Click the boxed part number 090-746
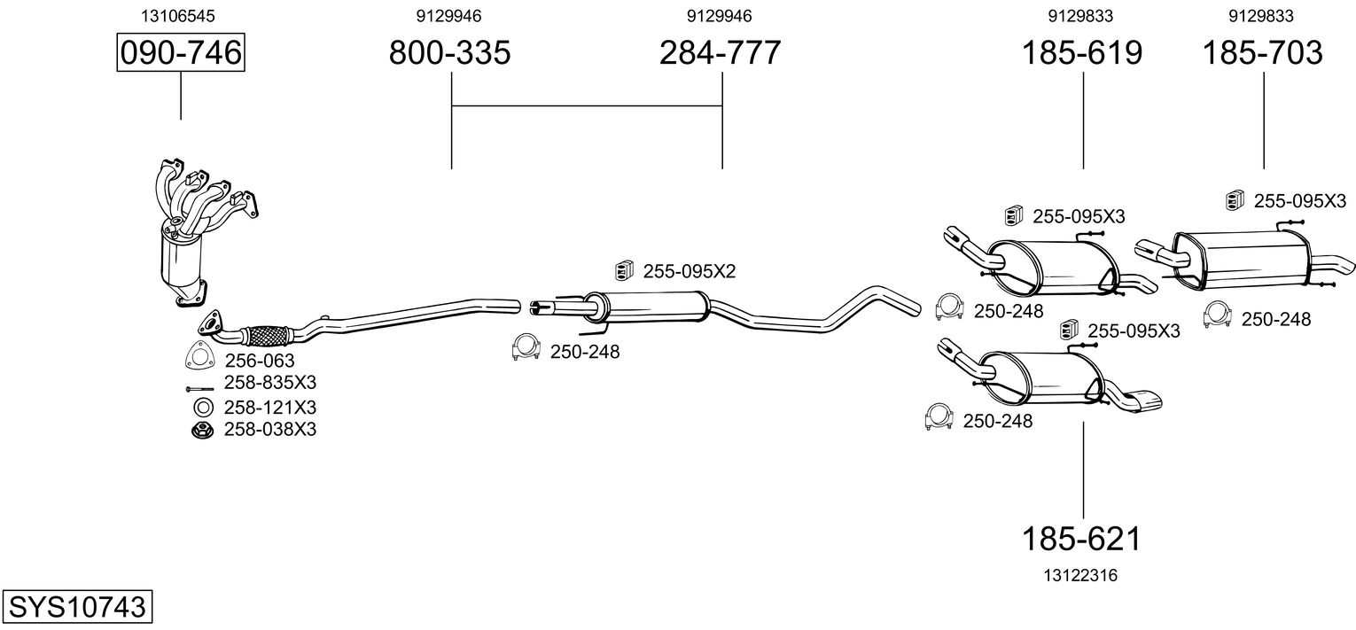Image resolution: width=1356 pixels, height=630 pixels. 181,53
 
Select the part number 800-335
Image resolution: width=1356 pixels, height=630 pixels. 450,53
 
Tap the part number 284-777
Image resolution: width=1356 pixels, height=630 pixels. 720,53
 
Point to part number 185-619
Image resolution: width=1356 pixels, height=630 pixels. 1082,53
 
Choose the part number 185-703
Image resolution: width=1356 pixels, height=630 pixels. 1262,53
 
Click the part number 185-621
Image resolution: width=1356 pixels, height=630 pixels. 1082,538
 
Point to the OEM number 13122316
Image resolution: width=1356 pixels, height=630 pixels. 1081,575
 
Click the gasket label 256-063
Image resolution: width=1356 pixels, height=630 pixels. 259,361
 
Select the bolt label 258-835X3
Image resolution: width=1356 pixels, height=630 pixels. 269,383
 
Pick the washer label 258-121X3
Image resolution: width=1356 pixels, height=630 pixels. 269,408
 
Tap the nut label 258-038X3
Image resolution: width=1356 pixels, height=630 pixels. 269,430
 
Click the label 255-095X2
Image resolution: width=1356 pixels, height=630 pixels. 689,271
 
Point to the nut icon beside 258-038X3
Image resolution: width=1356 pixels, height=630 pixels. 202,431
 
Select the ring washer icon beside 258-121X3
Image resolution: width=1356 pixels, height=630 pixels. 202,408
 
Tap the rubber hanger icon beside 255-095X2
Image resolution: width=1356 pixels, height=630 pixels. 625,269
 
